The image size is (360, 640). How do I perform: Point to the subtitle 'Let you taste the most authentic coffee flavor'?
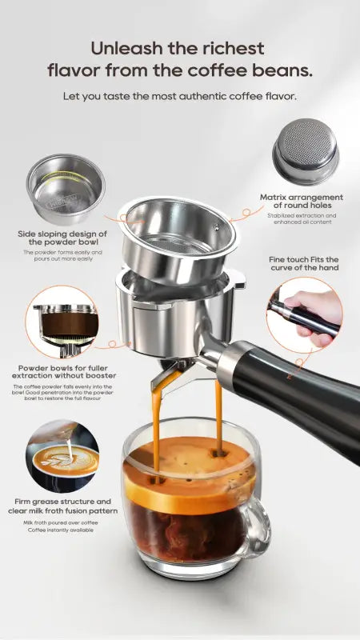(180, 96)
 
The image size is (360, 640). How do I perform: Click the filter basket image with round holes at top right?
(305, 153)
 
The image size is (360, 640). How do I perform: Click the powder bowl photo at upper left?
(66, 190)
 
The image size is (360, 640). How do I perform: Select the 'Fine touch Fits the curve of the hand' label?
(304, 263)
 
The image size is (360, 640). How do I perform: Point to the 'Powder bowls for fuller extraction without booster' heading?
(66, 372)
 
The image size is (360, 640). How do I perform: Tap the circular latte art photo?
(62, 457)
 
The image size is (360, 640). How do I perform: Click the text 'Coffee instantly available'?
(61, 530)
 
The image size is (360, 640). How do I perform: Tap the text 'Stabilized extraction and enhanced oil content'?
(302, 219)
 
